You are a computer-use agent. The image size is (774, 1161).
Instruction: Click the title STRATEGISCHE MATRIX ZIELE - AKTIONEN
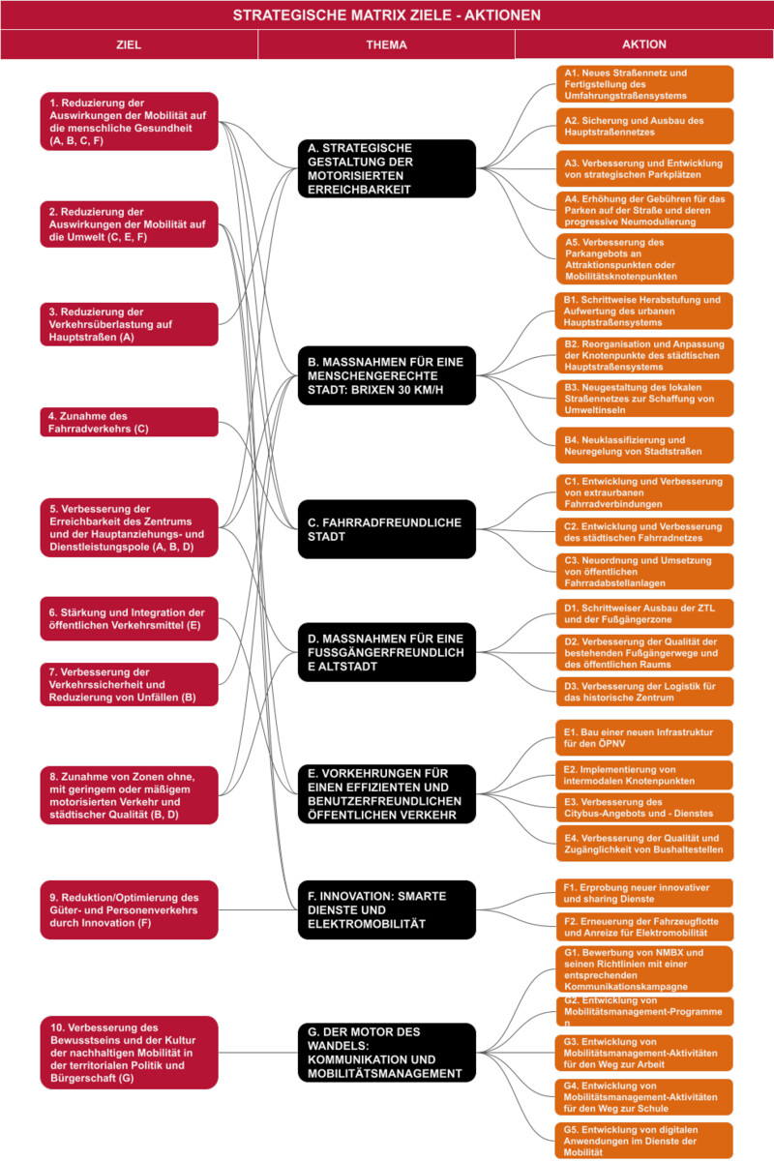(386, 15)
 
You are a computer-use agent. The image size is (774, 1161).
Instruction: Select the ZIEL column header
(129, 45)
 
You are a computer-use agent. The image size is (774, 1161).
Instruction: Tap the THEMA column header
(386, 45)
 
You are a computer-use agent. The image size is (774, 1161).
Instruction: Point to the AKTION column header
(644, 45)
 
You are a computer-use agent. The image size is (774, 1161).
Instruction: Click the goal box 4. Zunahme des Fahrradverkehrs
(129, 422)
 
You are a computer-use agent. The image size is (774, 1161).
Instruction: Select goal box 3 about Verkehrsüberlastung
(129, 324)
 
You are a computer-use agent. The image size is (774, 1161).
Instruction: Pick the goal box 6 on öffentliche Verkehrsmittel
(129, 619)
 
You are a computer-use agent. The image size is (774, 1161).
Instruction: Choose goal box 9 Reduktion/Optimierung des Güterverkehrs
(129, 909)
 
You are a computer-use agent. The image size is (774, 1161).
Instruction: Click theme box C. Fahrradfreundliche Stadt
(387, 529)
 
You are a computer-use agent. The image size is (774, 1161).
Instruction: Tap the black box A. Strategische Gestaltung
(387, 168)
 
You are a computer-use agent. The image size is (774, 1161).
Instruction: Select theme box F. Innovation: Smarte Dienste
(387, 909)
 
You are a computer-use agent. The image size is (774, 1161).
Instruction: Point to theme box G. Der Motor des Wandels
(387, 1053)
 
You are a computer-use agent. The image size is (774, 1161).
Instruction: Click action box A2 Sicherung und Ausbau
(645, 126)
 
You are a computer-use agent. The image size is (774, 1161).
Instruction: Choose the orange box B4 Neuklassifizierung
(645, 445)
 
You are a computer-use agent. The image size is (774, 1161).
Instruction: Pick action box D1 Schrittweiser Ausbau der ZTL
(645, 613)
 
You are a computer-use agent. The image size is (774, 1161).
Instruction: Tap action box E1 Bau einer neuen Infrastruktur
(644, 737)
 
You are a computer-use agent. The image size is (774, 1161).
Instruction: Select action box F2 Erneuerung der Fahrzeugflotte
(644, 927)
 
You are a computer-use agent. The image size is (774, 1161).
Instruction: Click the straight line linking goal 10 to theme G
(258, 1053)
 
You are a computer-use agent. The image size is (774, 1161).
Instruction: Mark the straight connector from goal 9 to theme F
(258, 909)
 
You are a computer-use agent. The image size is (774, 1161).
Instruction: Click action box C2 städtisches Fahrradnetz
(645, 532)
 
